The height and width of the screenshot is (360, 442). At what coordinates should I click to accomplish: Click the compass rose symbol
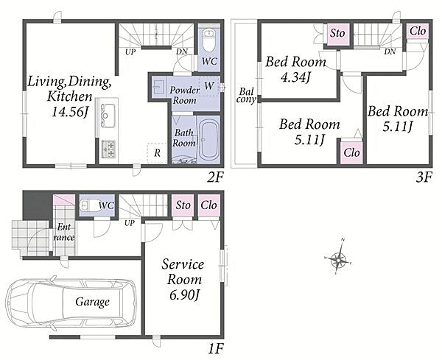click(338, 258)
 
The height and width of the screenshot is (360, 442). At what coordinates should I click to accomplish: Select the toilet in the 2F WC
click(209, 40)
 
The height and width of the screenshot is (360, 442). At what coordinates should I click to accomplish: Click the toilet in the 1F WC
click(88, 205)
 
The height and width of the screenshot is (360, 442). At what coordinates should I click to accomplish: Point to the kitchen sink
click(108, 115)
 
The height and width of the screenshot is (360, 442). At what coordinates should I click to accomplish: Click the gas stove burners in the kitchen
click(109, 149)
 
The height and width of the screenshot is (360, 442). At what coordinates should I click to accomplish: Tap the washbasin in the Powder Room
click(158, 88)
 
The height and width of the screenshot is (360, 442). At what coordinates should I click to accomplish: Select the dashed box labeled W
click(209, 86)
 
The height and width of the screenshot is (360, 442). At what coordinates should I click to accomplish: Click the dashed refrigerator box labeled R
click(157, 153)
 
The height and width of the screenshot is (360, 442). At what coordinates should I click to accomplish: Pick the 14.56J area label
click(70, 112)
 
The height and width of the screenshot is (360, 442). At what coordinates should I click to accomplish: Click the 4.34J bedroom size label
click(295, 77)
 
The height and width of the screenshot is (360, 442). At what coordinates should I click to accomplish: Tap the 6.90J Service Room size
click(185, 295)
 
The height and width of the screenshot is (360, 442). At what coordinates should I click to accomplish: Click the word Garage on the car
click(93, 302)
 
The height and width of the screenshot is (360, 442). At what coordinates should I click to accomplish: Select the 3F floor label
click(424, 177)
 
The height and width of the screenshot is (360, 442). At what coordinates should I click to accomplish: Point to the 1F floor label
click(216, 350)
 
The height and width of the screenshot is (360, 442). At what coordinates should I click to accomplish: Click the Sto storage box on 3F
click(337, 33)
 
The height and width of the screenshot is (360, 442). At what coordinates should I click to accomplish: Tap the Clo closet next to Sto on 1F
click(209, 205)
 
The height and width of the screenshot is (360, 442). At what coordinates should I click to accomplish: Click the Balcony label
click(246, 95)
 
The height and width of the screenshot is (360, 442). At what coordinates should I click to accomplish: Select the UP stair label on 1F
click(130, 223)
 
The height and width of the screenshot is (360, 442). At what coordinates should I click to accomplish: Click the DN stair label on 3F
click(390, 52)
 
